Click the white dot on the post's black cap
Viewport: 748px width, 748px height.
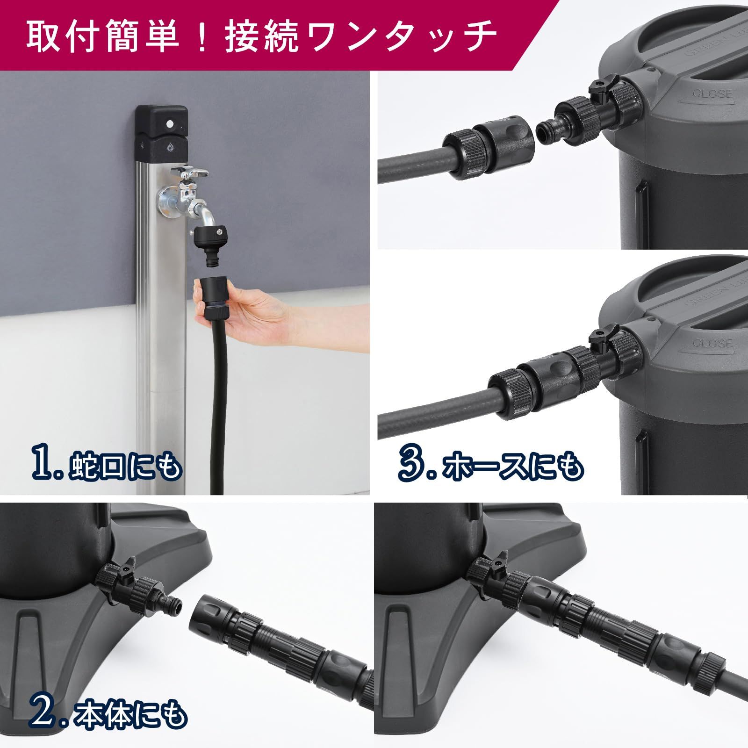pos(169,124)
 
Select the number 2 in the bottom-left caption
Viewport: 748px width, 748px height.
pos(44,714)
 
